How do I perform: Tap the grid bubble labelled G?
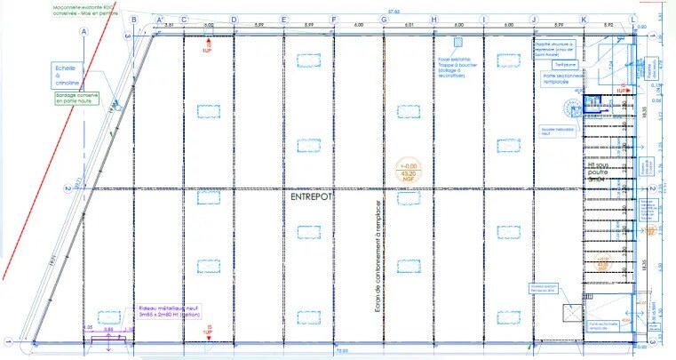coord(384,20)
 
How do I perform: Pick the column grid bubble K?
coord(584,20)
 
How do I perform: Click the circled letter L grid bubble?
coord(633,20)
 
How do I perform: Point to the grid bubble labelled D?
coord(234,20)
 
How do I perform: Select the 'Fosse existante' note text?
coord(457,68)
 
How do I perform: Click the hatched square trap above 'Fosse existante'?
coord(457,42)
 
